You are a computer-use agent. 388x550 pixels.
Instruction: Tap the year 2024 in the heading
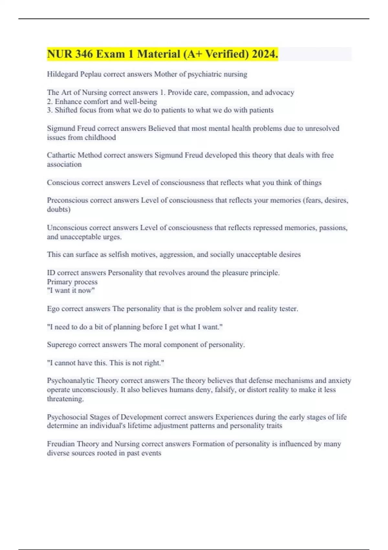click(x=265, y=54)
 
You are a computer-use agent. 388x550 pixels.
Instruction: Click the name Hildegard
click(x=62, y=74)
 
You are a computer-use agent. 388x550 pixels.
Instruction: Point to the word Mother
click(x=166, y=74)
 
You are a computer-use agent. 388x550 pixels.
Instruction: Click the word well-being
click(x=140, y=102)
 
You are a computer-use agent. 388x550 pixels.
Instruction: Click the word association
click(x=64, y=164)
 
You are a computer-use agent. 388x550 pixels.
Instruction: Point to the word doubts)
click(x=59, y=209)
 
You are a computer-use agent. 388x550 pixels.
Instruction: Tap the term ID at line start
click(x=51, y=273)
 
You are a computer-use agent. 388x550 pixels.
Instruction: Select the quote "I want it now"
click(x=71, y=291)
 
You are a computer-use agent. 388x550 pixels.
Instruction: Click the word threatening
click(x=65, y=399)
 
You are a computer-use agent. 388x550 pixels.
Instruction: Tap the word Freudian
click(x=61, y=444)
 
